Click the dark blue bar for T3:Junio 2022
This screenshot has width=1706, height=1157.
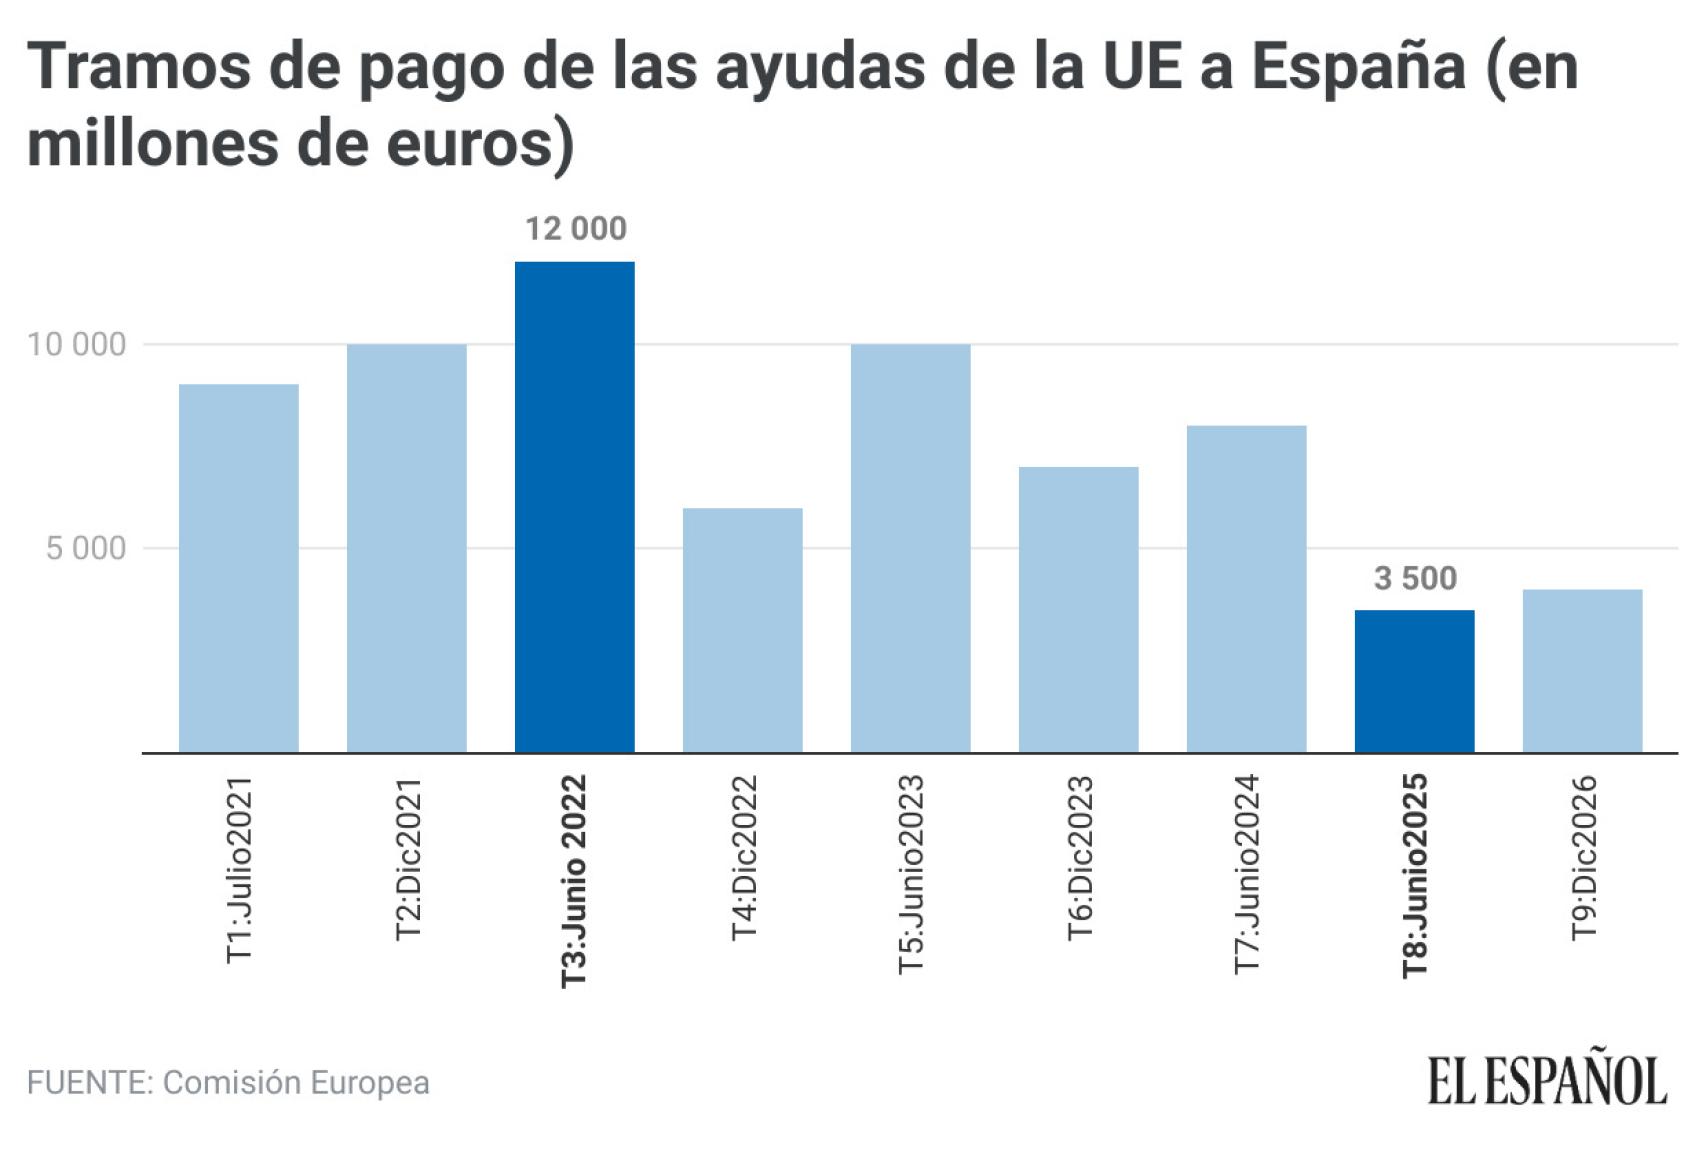coord(574,507)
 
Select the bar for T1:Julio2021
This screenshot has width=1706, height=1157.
coord(238,568)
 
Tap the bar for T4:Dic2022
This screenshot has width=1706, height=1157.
coord(742,630)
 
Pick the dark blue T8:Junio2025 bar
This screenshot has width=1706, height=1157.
coord(1414,681)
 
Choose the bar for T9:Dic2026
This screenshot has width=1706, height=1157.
coord(1582,671)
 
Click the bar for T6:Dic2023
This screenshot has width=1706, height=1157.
coord(1078,609)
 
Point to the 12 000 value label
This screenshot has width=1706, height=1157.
coord(576,229)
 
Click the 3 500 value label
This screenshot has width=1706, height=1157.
coord(1415,578)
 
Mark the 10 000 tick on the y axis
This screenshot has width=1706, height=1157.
coord(77,345)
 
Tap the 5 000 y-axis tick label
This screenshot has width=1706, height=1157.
coord(86,548)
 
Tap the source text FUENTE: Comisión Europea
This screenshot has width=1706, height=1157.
coord(228,1082)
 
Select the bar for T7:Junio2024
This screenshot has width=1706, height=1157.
coord(1246,589)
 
